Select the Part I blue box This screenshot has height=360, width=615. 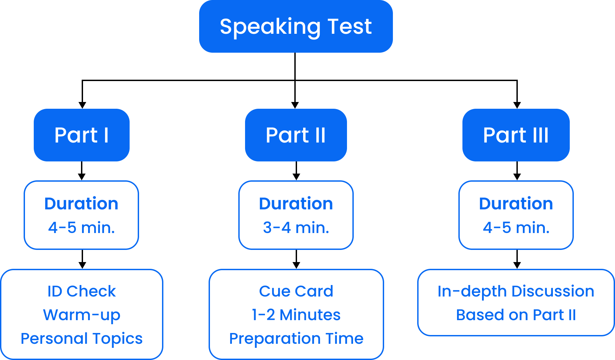pyautogui.click(x=81, y=135)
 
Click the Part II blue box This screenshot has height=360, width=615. pyautogui.click(x=296, y=135)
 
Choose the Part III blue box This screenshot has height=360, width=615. pyautogui.click(x=516, y=135)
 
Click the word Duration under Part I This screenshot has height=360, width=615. pyautogui.click(x=81, y=204)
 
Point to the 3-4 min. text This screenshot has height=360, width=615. pyautogui.click(x=296, y=228)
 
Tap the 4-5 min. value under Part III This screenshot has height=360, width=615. pyautogui.click(x=516, y=228)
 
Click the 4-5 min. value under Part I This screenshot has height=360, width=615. pyautogui.click(x=81, y=228)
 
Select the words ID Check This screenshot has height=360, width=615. pyautogui.click(x=81, y=291)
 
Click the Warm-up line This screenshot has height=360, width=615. pyautogui.click(x=81, y=315)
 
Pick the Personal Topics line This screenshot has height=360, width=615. pyautogui.click(x=81, y=338)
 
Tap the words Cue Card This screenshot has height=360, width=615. pyautogui.click(x=296, y=291)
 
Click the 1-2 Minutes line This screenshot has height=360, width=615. pyautogui.click(x=296, y=315)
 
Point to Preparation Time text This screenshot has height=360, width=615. pyautogui.click(x=296, y=338)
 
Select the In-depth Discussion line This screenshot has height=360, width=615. pyautogui.click(x=516, y=291)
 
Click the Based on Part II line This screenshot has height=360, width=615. pyautogui.click(x=516, y=315)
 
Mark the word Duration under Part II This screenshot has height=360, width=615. pyautogui.click(x=296, y=204)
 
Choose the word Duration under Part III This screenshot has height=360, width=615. pyautogui.click(x=516, y=204)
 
